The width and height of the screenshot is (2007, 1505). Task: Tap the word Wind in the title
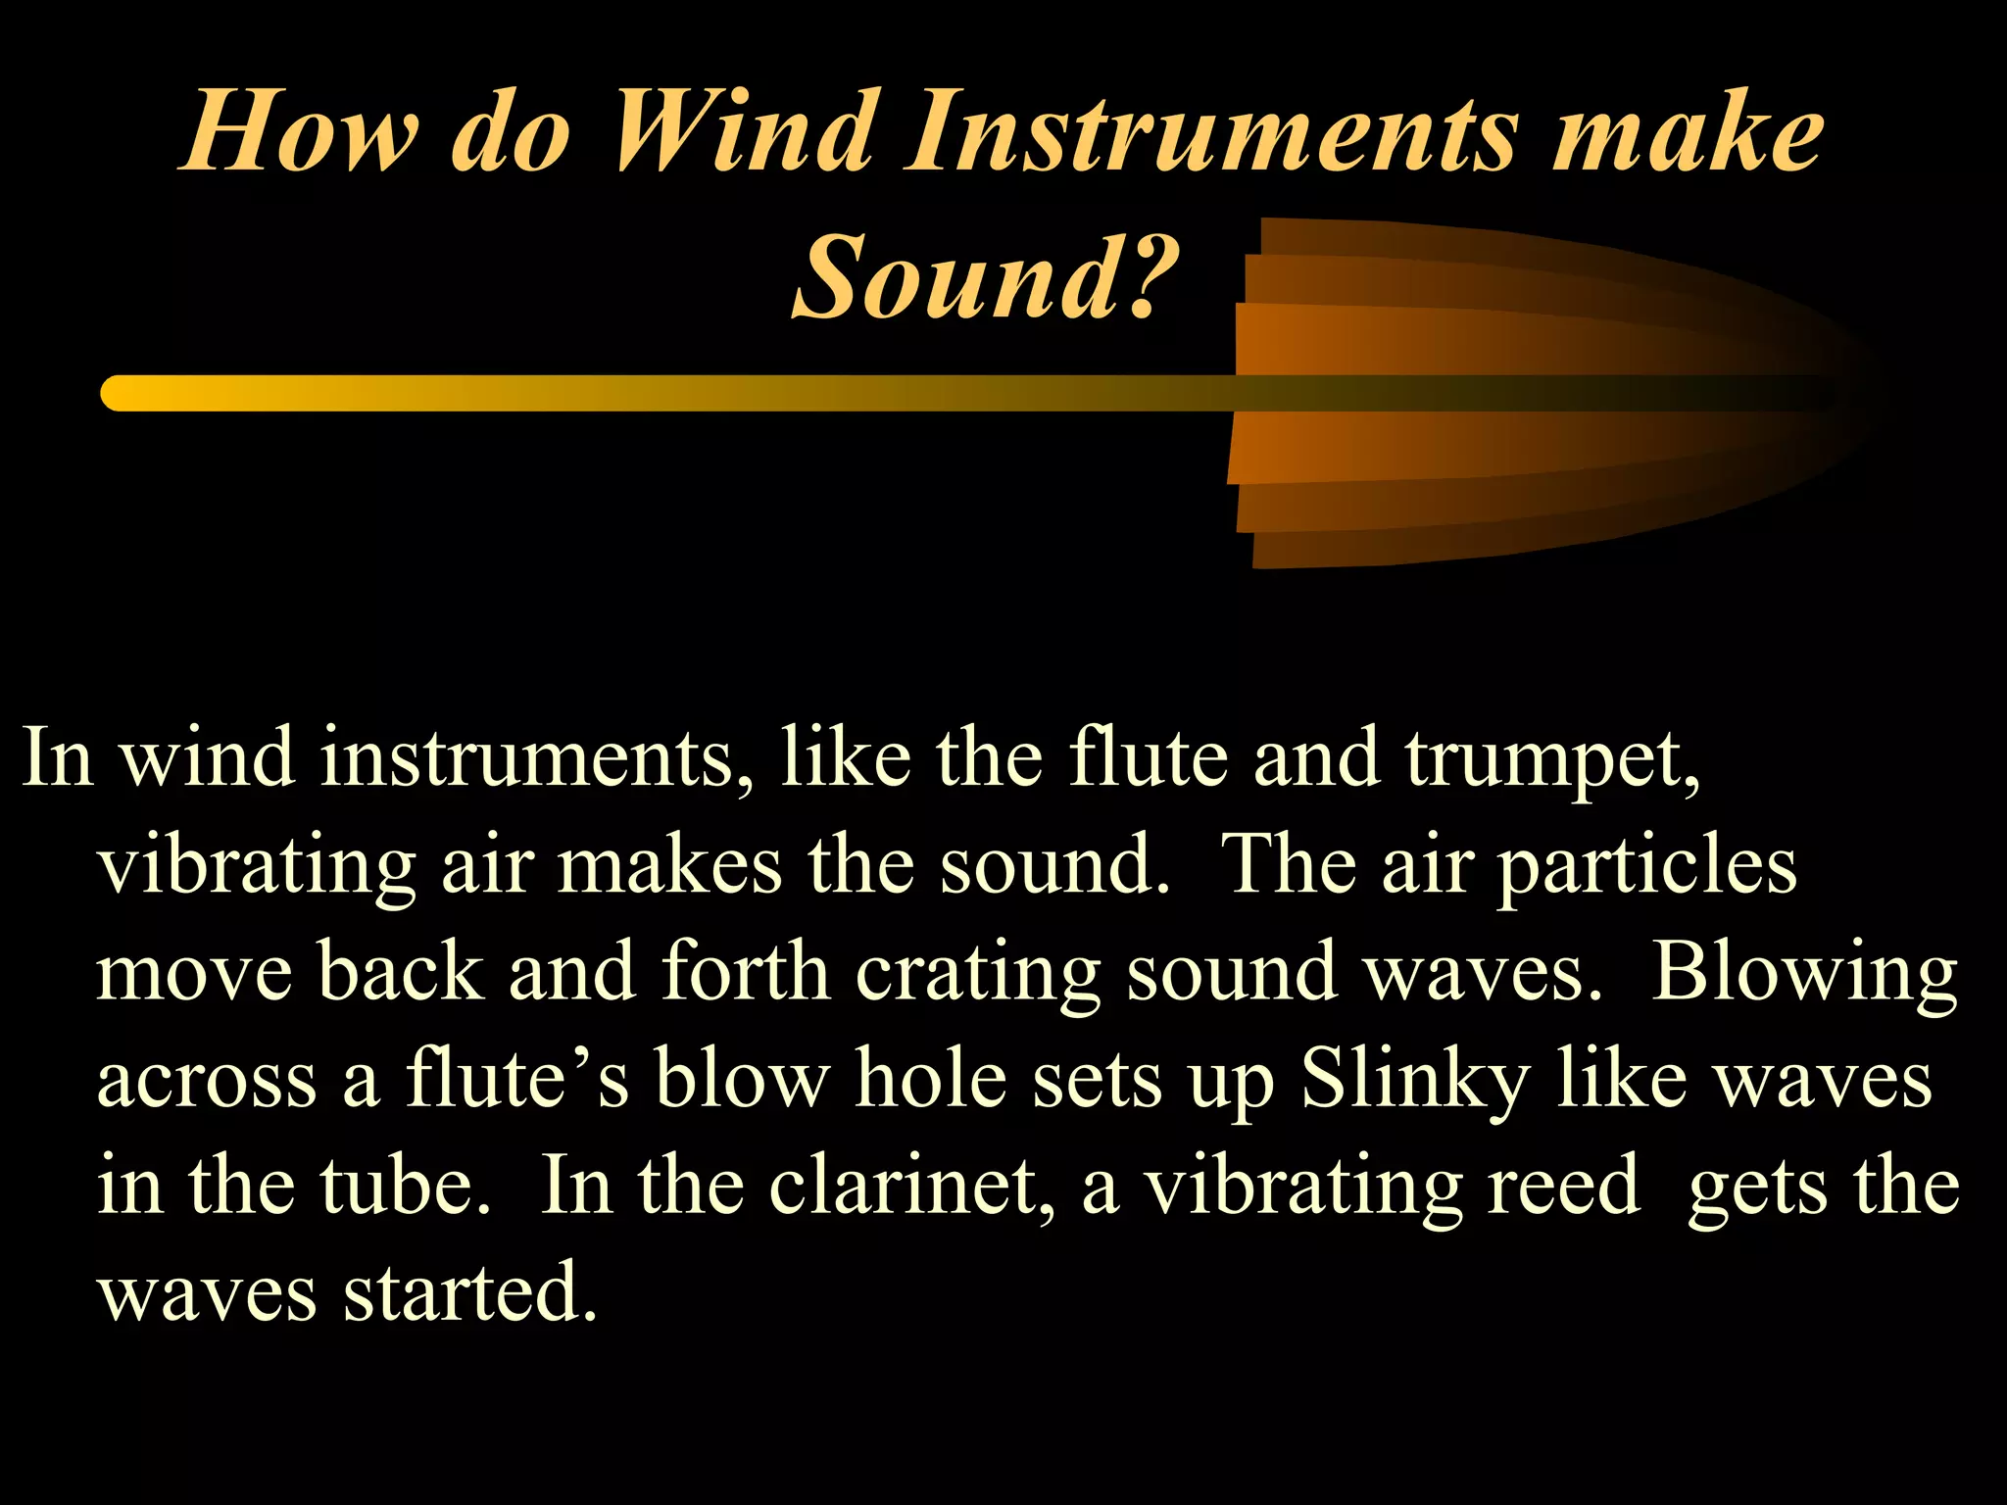(744, 132)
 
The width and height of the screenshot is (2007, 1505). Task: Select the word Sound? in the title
(985, 277)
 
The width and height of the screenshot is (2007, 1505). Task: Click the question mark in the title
(1150, 277)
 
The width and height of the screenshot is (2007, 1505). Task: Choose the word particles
(1647, 866)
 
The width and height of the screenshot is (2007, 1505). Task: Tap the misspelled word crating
(978, 974)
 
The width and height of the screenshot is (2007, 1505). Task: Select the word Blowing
(1804, 974)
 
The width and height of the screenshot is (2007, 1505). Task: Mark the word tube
(404, 1187)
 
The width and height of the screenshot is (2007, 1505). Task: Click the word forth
(746, 972)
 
